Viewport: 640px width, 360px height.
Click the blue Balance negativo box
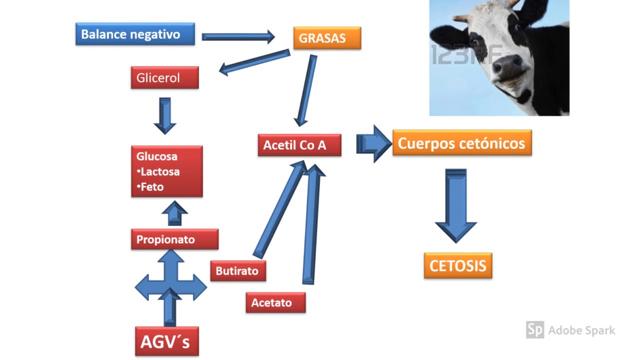[135, 34]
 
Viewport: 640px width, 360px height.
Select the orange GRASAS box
[327, 38]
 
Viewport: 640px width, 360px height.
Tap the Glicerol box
[164, 78]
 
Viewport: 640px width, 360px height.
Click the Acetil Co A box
[299, 145]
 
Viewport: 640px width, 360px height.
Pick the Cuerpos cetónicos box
[461, 143]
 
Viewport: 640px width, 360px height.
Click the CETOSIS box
[457, 265]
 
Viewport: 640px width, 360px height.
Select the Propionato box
[174, 239]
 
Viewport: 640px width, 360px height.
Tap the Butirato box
[237, 271]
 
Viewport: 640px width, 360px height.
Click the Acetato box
[275, 302]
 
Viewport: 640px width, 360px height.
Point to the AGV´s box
[166, 341]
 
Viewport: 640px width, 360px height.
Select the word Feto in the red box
[152, 186]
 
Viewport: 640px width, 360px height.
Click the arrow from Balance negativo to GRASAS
[238, 36]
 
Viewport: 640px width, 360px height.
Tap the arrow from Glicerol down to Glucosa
[164, 115]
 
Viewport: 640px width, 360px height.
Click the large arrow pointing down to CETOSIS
[455, 205]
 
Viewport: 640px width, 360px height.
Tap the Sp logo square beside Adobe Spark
[534, 330]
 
